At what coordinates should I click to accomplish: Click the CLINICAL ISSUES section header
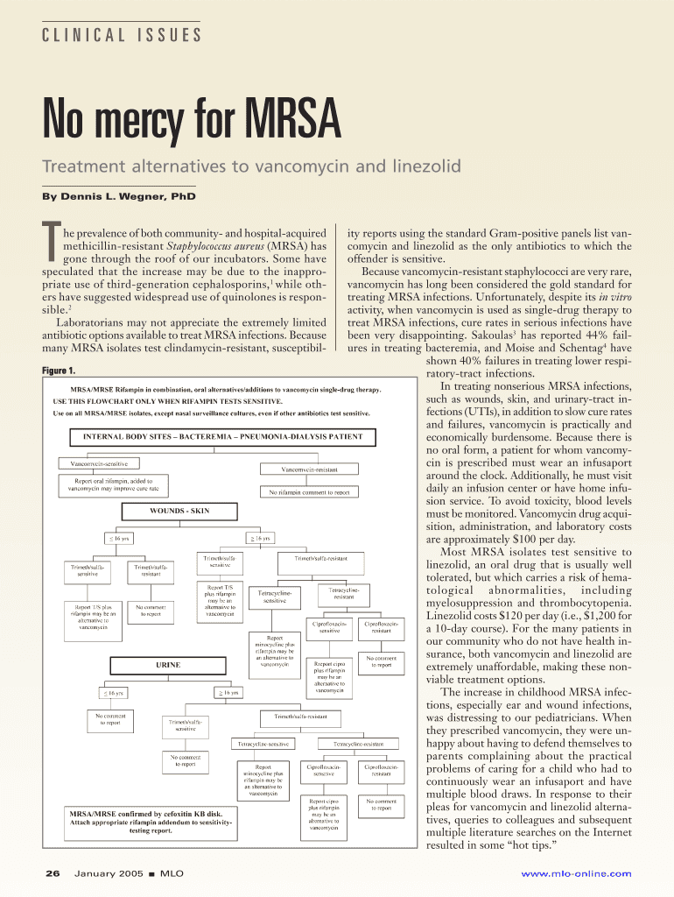[x=122, y=36]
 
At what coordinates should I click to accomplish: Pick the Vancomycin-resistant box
[x=309, y=470]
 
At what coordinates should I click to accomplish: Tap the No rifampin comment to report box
[x=309, y=492]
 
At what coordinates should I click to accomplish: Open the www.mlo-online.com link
[x=576, y=873]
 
